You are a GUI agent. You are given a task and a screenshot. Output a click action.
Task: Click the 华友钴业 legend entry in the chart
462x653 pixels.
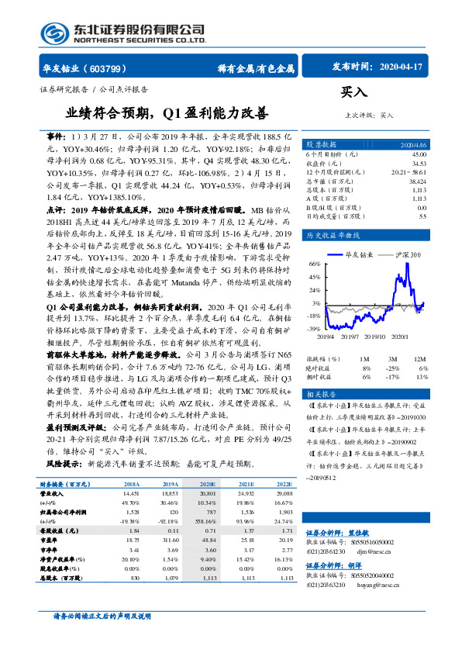coord(359,254)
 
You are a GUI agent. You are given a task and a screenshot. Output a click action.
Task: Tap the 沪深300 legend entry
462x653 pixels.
coord(406,254)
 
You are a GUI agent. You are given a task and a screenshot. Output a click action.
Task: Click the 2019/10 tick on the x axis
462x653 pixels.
coord(375,336)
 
